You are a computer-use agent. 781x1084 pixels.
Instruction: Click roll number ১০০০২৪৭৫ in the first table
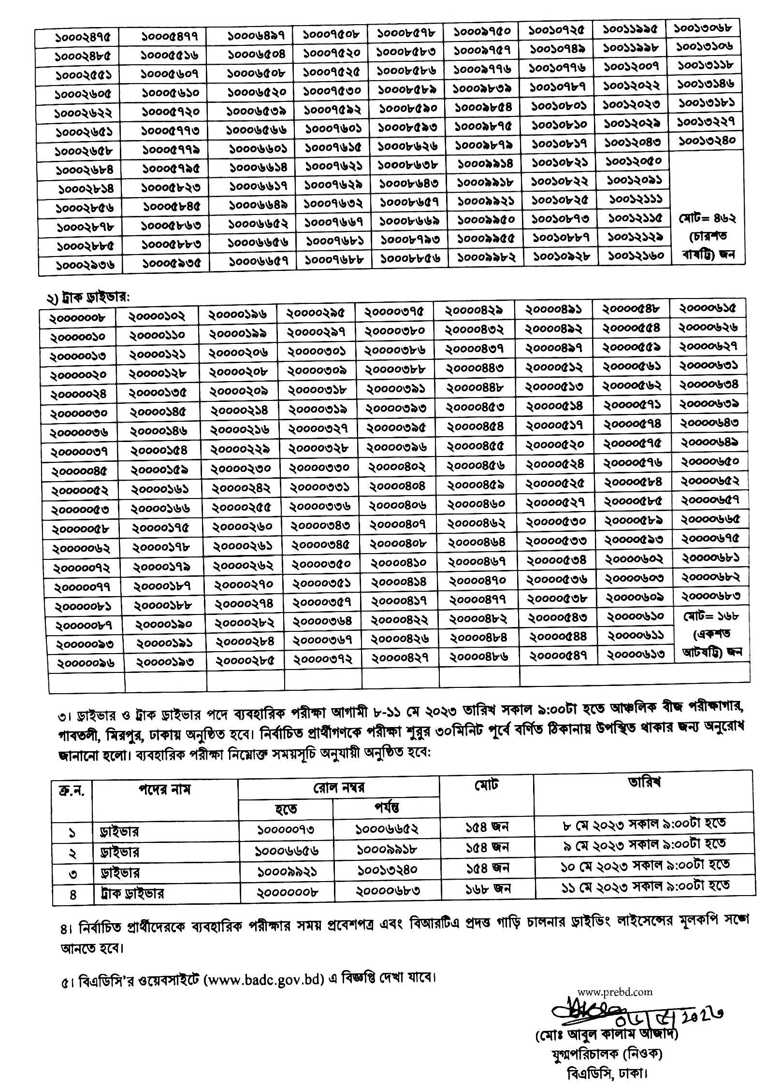pos(79,37)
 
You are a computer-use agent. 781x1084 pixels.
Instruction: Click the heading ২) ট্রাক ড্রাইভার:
pos(88,298)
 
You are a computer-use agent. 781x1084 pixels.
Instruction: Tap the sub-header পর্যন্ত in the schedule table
pos(386,807)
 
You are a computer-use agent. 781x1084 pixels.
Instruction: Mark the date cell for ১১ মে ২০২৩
pos(645,886)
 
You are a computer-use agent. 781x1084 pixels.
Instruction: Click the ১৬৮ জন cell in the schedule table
pos(488,888)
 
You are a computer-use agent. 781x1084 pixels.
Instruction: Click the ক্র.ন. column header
pos(72,791)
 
